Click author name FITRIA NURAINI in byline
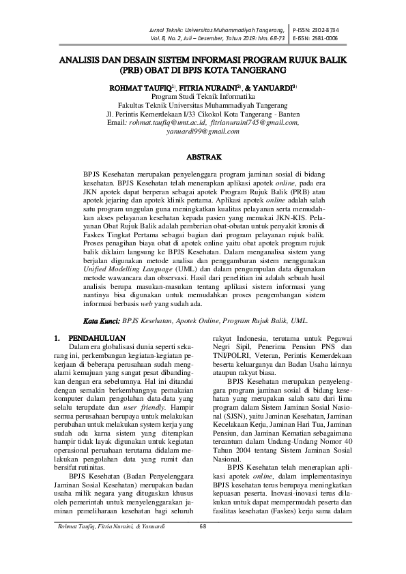(x=212, y=88)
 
